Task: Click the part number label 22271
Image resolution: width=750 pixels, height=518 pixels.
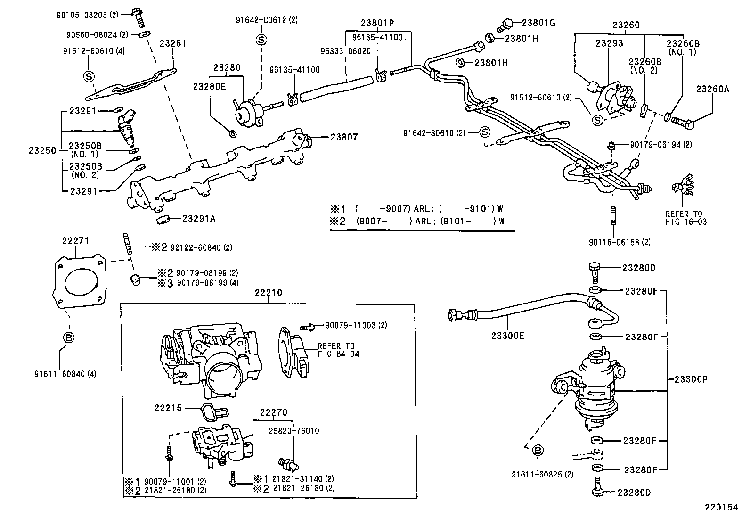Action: pos(75,241)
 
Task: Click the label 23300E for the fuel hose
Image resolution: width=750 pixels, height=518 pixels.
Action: pos(508,336)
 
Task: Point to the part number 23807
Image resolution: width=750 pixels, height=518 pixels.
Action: pos(344,137)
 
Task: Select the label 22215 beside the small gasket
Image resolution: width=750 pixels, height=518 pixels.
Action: pos(168,408)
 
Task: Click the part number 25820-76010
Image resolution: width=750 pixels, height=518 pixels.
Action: pos(294,431)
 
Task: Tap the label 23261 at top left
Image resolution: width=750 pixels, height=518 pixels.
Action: pos(173,43)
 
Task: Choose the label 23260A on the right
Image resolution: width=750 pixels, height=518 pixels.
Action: pos(712,89)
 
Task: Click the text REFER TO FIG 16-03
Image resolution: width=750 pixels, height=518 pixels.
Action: pos(686,218)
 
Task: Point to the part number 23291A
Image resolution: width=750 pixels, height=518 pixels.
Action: pos(199,219)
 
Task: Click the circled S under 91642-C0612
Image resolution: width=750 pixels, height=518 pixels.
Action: pos(261,40)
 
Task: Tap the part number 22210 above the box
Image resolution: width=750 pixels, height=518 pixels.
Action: pos(268,293)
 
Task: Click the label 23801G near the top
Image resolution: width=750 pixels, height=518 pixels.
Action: pos(538,22)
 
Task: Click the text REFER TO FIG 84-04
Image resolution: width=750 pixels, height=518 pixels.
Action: pos(338,350)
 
